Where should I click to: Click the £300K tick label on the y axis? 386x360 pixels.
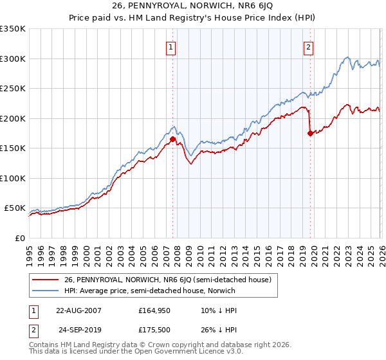12,59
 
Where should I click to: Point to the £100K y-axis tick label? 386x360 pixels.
12,178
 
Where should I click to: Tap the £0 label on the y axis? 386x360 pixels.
19,238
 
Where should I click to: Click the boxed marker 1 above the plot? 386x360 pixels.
171,46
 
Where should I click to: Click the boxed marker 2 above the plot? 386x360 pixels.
309,46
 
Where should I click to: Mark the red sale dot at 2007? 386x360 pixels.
172,139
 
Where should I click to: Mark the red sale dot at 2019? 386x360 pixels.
310,133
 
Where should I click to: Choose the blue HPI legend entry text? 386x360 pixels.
150,291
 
